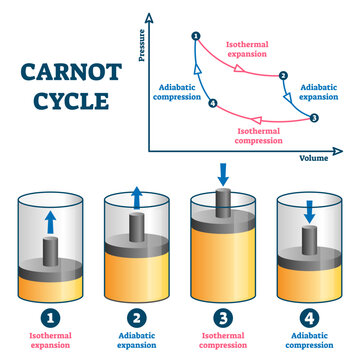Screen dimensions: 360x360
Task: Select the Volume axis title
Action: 314,157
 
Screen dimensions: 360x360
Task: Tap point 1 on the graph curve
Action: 195,37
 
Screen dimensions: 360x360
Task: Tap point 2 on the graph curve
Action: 283,76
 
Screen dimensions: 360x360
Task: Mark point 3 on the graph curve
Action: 314,118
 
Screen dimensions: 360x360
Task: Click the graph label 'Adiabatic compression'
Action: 181,92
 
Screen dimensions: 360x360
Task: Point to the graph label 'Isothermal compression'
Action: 266,135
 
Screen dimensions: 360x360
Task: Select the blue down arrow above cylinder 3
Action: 223,175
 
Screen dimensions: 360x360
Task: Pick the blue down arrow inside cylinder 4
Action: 309,211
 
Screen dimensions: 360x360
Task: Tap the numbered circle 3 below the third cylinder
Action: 223,319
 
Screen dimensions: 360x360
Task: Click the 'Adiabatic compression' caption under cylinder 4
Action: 309,344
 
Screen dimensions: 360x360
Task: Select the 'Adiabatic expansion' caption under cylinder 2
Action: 135,344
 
